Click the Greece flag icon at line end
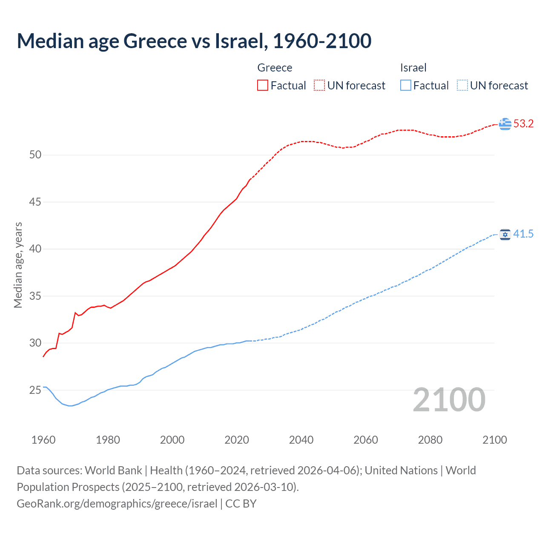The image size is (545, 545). point(505,124)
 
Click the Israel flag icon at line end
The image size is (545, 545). point(505,234)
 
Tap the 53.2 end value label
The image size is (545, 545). point(523,124)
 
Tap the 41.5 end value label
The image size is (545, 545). point(523,234)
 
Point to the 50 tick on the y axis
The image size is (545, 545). point(35,155)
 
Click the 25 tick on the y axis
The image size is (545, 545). point(35,390)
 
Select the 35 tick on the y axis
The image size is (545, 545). point(35,296)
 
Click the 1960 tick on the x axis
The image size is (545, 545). point(43,440)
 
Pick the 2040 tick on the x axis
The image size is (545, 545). point(301,440)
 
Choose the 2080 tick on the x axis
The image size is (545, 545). point(430,440)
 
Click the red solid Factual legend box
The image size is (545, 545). point(263,86)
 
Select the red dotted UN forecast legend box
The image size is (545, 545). point(319,86)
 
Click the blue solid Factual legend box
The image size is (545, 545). point(405,86)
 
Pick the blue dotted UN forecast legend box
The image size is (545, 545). point(462,86)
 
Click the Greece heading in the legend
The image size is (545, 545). point(275,68)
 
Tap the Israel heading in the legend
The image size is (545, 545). point(413,68)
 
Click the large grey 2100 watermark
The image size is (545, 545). point(449,400)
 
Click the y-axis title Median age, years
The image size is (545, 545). point(18,265)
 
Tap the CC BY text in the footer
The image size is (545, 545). point(241,504)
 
